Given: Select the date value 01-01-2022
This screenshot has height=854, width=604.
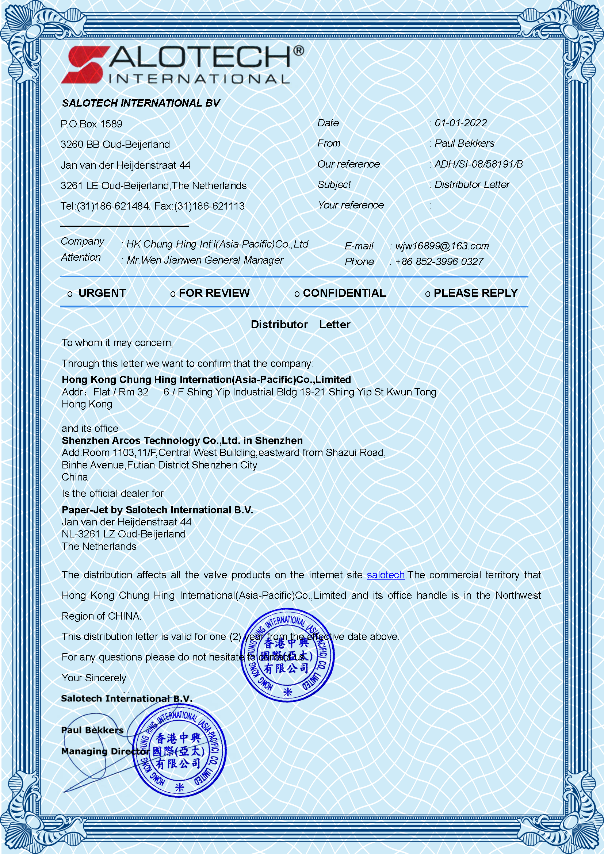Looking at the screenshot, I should coord(461,123).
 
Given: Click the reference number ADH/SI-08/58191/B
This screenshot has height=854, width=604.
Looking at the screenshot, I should coord(479,164).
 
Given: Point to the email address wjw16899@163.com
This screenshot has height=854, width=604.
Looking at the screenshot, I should coord(442,246).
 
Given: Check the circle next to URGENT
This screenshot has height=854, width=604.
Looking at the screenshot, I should coord(70,294).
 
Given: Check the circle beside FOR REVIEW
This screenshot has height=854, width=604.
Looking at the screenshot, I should coord(173,294).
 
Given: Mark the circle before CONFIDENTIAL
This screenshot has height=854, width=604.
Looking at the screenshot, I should coord(297,294).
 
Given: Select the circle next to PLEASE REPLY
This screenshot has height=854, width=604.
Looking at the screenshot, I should coord(428,294).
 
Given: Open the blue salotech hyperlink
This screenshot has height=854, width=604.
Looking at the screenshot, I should coord(386,575).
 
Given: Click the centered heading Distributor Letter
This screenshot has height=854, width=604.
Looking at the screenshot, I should coord(301,325).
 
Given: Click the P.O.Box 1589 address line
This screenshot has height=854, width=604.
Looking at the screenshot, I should coord(92,124).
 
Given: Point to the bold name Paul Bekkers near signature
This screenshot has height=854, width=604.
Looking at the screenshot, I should coord(92,730).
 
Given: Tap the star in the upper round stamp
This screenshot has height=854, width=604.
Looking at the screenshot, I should coord(288,692).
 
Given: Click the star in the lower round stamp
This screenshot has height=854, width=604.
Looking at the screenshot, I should coord(180,787).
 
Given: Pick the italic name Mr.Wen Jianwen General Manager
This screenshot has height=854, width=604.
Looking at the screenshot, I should coord(205,260).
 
